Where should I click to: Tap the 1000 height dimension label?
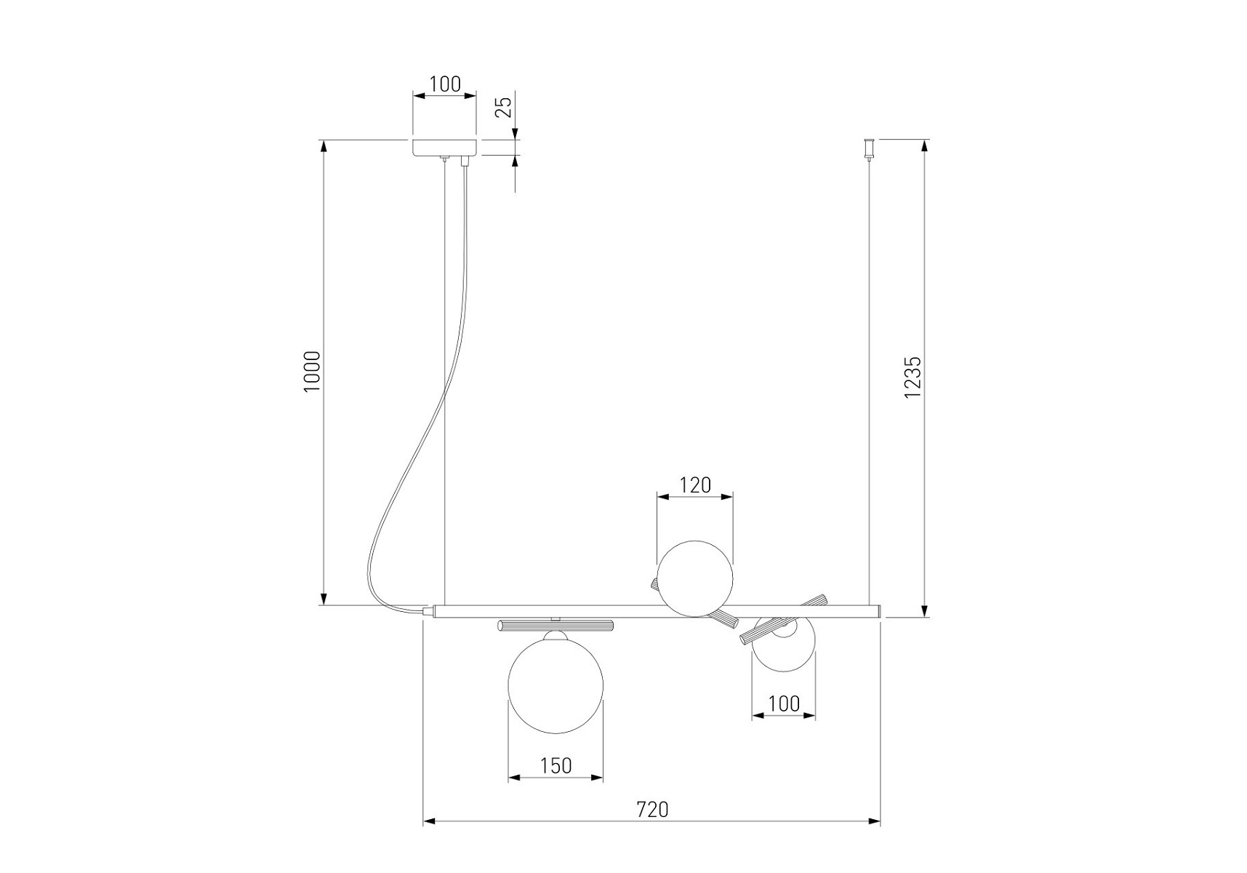312,372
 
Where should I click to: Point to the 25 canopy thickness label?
503,106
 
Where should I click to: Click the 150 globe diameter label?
556,765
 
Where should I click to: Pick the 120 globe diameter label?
695,485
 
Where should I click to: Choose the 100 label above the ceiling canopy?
444,84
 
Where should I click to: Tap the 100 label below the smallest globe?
783,703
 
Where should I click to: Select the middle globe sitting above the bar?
695,578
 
